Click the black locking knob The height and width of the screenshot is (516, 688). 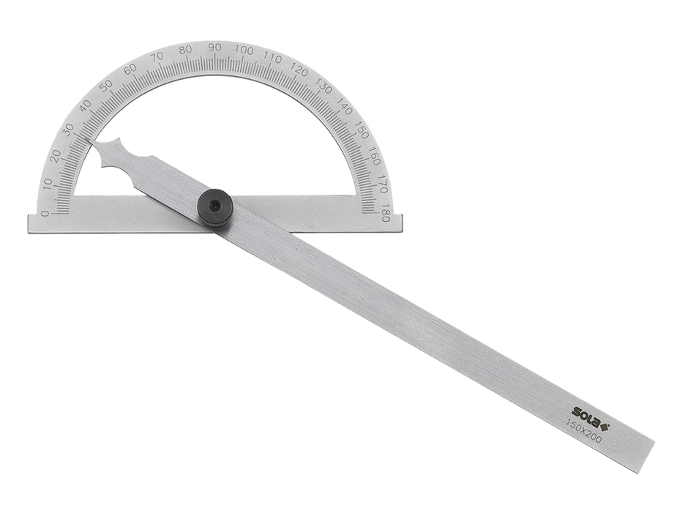215,208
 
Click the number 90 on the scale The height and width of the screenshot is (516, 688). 214,48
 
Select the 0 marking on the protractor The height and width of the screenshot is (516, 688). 45,214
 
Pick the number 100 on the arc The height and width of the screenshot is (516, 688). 244,50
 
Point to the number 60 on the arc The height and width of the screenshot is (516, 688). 130,70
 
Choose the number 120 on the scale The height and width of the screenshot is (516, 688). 299,70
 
